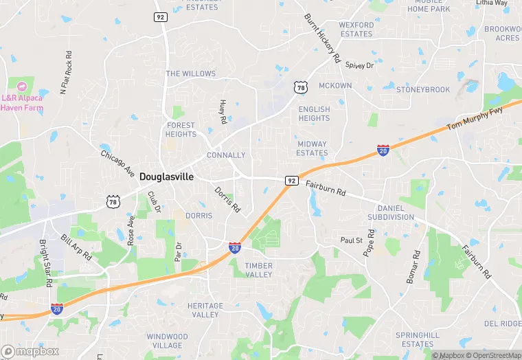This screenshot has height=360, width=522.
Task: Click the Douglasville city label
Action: pos(166,177)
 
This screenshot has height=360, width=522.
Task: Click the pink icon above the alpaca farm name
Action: pos(21,87)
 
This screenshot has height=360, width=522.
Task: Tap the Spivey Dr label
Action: pos(359,65)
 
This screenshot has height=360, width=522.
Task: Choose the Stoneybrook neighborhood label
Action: pos(424,90)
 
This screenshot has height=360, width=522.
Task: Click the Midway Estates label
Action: pos(312,148)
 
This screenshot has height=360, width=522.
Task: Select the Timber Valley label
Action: pos(258,270)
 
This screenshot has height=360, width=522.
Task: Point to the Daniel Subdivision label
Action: pos(395,212)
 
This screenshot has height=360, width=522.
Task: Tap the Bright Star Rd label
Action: pos(45,264)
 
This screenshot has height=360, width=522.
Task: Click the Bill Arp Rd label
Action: pos(76,247)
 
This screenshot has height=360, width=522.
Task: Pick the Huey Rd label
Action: pos(223,112)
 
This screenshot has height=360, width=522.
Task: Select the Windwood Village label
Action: pos(167,341)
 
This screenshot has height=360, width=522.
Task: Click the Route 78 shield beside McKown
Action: pos(299,87)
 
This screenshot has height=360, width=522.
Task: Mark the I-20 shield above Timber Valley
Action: pos(235,247)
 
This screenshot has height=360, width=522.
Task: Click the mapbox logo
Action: pos(30,351)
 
